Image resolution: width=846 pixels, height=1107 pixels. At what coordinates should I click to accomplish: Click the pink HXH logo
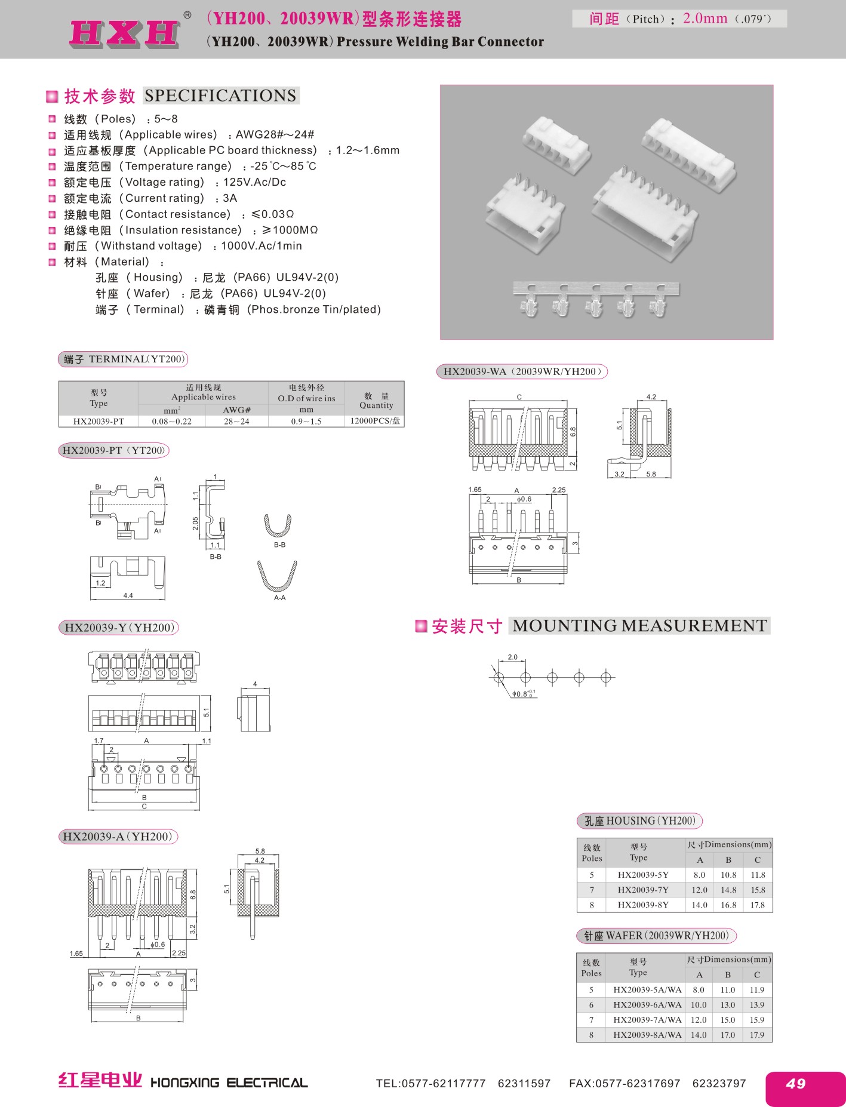pyautogui.click(x=125, y=33)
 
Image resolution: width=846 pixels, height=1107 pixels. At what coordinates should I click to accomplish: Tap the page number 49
pyautogui.click(x=795, y=1083)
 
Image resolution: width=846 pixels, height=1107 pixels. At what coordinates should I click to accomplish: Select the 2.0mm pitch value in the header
pyautogui.click(x=705, y=19)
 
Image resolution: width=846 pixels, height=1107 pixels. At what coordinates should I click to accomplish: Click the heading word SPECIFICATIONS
pyautogui.click(x=220, y=96)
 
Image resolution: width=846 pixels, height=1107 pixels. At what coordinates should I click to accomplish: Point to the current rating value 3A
pyautogui.click(x=230, y=198)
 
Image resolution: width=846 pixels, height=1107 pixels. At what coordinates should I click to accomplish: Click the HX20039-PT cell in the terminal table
pyautogui.click(x=99, y=422)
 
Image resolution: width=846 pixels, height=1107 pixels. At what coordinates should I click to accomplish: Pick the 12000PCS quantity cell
pyautogui.click(x=375, y=421)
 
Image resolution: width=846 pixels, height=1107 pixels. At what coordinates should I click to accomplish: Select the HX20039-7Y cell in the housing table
pyautogui.click(x=643, y=890)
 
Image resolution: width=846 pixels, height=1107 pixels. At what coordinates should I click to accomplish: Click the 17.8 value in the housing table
pyautogui.click(x=757, y=905)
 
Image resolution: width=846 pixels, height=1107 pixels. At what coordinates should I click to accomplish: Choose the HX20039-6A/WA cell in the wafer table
pyautogui.click(x=647, y=1005)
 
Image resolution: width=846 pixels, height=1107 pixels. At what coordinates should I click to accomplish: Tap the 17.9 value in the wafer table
pyautogui.click(x=756, y=1035)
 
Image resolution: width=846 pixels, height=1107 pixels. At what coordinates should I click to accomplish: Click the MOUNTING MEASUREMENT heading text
pyautogui.click(x=640, y=626)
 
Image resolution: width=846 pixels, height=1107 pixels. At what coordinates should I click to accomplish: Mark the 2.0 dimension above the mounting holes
pyautogui.click(x=512, y=657)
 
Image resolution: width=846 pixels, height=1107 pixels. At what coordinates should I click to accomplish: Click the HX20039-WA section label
pyautogui.click(x=522, y=371)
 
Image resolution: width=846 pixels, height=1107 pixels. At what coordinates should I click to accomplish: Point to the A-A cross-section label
pyautogui.click(x=279, y=598)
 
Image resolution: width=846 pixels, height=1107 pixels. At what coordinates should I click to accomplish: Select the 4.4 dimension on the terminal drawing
pyautogui.click(x=128, y=595)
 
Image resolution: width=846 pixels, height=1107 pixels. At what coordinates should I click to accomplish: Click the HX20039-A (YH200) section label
pyautogui.click(x=118, y=837)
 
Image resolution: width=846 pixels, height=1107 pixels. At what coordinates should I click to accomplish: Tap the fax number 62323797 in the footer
pyautogui.click(x=719, y=1083)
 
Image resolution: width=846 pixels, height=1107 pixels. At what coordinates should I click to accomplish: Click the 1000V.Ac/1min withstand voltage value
pyautogui.click(x=262, y=246)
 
